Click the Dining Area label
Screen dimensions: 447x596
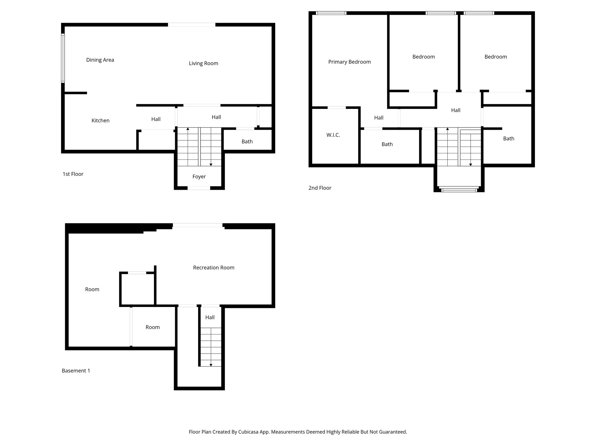[x=100, y=60]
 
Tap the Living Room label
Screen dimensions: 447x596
[x=203, y=63]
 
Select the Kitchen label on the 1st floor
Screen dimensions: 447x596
[x=100, y=120]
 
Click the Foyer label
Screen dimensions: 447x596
[x=199, y=177]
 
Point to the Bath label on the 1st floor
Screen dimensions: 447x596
[x=247, y=142]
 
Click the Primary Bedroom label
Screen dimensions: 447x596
[x=349, y=62]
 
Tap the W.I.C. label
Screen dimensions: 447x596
[x=333, y=135]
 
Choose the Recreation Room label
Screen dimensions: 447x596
[x=214, y=268]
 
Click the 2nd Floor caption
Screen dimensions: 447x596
[x=320, y=188]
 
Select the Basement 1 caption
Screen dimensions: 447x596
[x=76, y=371]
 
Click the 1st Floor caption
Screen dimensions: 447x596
[x=73, y=174]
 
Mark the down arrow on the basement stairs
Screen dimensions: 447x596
[x=211, y=365]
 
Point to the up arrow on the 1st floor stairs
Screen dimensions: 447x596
[x=188, y=129]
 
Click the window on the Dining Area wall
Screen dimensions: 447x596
[x=63, y=58]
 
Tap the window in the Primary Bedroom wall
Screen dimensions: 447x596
[x=331, y=13]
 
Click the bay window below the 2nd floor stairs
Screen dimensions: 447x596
[x=459, y=190]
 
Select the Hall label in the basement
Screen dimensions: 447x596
[x=210, y=317]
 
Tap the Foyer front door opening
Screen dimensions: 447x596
[x=199, y=188]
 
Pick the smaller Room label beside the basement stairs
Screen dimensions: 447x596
[x=152, y=327]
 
